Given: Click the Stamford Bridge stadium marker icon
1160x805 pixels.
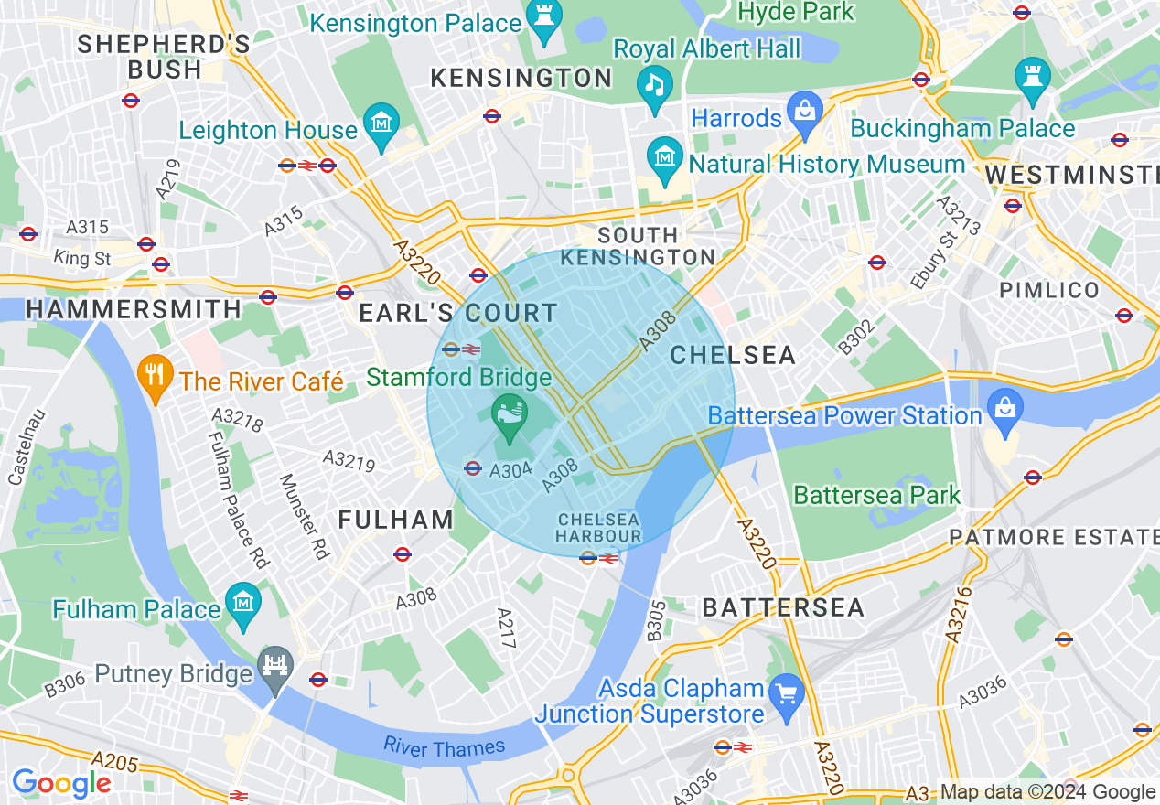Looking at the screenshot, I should [510, 413].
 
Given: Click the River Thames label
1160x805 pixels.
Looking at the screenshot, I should [444, 747].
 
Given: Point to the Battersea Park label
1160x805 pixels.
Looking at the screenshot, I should [876, 496].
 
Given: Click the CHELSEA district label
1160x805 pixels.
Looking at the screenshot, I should [733, 355].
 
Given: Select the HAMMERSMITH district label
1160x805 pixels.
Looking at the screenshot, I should [134, 309].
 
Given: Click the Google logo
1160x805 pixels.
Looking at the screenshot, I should [61, 783].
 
